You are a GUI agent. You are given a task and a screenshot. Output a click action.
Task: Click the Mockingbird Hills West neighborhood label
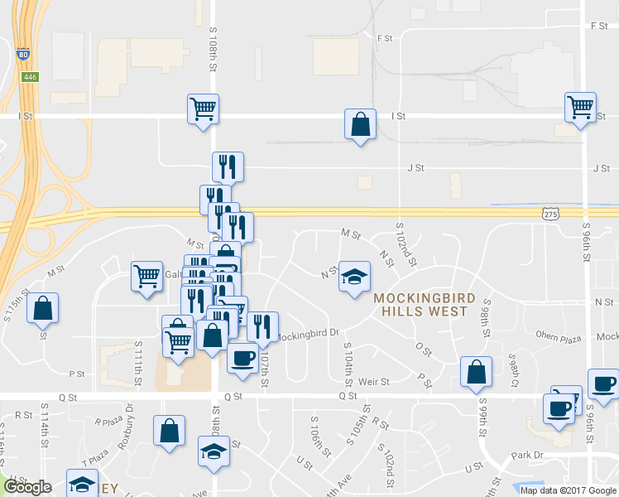click(x=424, y=305)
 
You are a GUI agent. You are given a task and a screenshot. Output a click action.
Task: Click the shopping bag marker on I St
click(x=360, y=125)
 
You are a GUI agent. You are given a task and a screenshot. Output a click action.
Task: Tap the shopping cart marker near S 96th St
click(x=581, y=108)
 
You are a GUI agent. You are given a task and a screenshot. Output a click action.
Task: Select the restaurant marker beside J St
click(x=227, y=166)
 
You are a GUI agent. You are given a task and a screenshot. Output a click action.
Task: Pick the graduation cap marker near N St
click(x=354, y=278)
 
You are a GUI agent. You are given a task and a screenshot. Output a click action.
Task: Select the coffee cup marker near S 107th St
click(x=242, y=359)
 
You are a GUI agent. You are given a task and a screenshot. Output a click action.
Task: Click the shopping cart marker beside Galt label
click(x=146, y=276)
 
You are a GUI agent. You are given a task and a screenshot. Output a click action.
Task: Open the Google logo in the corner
click(x=26, y=488)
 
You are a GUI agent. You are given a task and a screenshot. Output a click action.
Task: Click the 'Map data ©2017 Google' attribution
click(x=569, y=490)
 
